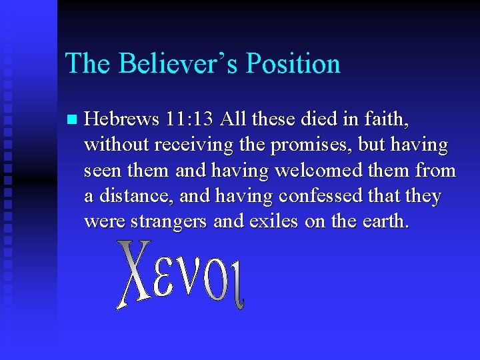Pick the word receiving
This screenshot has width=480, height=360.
[x=190, y=145]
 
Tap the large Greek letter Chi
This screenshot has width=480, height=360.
[x=135, y=273]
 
